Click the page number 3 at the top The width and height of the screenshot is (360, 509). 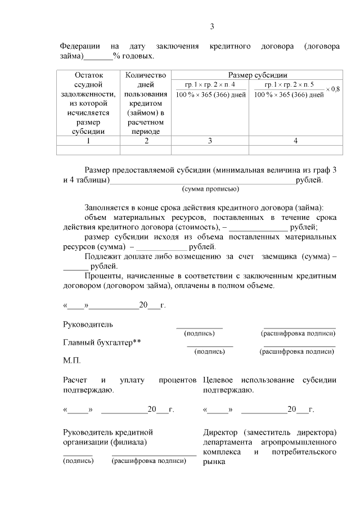pos(212,26)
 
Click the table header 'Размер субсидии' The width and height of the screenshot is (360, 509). pos(258,75)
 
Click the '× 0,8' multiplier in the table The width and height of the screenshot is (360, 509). pos(333,89)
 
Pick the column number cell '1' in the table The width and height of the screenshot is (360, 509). pos(88,141)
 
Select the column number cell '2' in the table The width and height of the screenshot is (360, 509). pos(146,141)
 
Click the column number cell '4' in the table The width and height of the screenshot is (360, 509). pos(295,141)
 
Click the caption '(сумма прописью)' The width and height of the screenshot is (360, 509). pos(210,189)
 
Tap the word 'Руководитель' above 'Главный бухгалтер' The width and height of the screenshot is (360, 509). pos(88,325)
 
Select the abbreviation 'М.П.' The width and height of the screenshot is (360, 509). pos(72,360)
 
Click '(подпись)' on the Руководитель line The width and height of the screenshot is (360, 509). pos(199,334)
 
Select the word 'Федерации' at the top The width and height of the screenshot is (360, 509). pos(80,46)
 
